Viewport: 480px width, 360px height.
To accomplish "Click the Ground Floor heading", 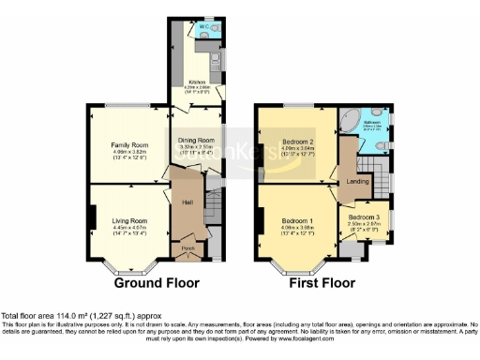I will point(148,282).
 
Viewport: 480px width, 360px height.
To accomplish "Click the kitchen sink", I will point(217,67).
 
